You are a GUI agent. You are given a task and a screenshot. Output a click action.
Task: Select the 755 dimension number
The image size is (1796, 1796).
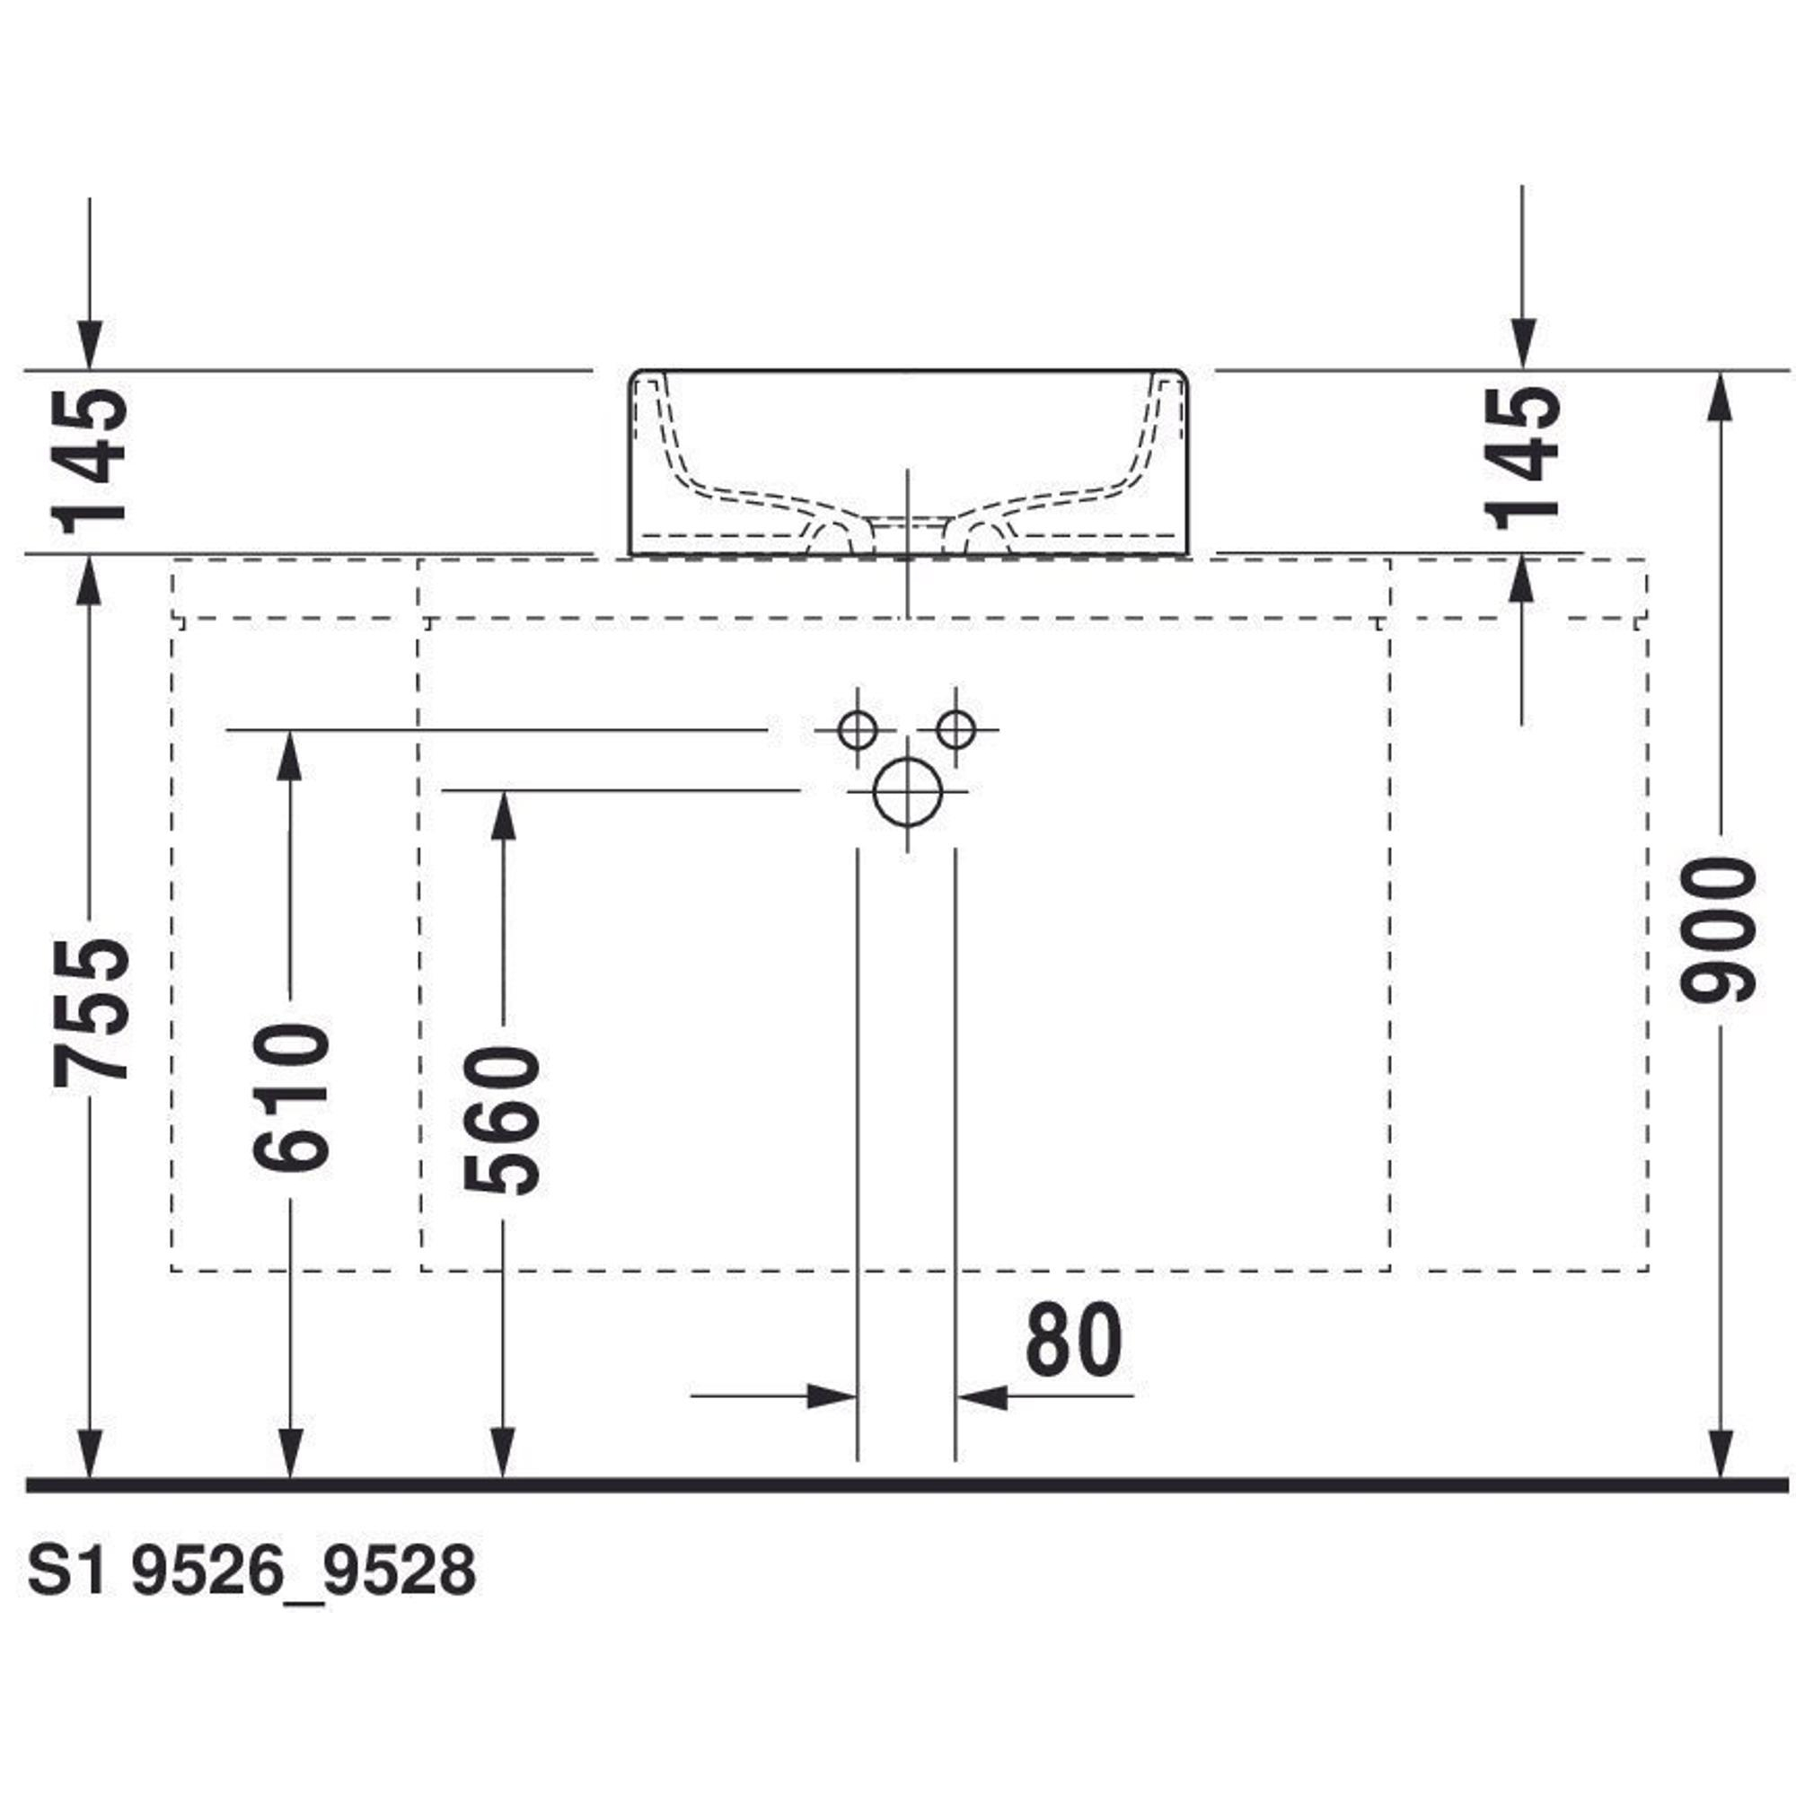pos(90,1012)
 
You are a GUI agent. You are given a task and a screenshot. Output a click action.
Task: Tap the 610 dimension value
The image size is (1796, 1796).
pos(291,1097)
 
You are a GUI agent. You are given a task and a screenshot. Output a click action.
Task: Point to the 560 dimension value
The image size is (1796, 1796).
pos(502,1119)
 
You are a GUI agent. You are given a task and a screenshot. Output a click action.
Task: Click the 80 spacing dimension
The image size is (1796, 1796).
pos(1074,1340)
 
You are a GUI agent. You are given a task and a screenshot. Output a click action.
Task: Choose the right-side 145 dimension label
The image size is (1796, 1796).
pos(1522,457)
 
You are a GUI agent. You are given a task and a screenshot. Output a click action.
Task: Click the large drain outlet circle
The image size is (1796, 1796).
pos(908,792)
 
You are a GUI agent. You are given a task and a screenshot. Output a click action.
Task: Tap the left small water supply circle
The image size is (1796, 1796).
pos(857,730)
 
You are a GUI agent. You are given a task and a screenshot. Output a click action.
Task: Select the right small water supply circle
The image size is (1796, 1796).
pos(955,730)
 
